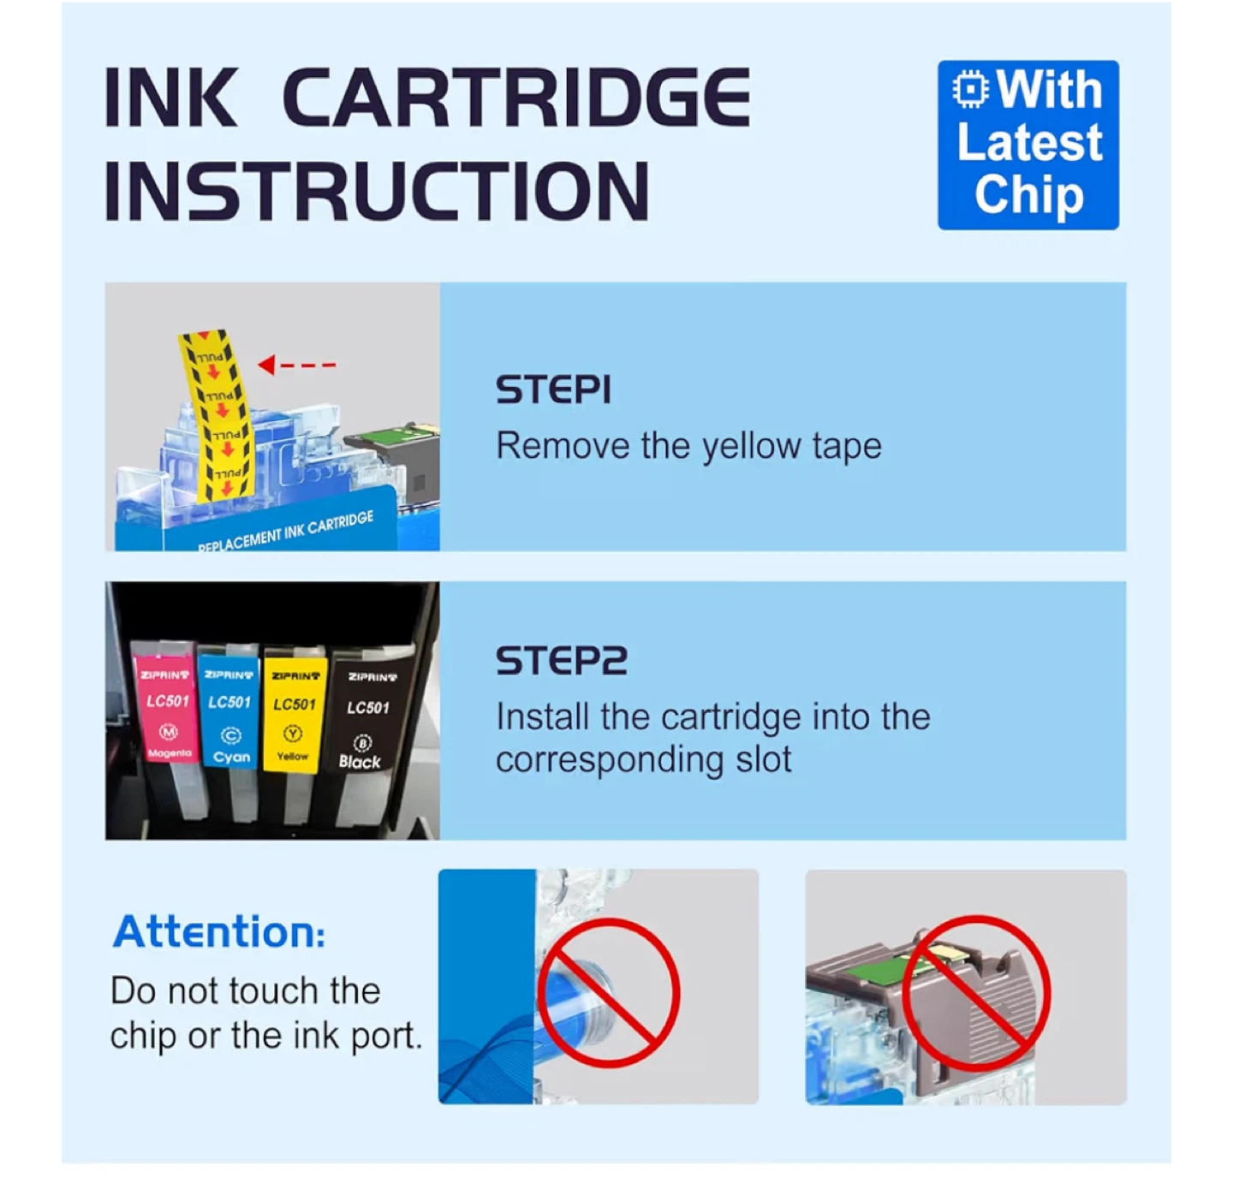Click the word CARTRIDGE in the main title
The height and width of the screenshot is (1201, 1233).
click(x=517, y=98)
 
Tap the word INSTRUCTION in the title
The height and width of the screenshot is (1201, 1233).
click(x=377, y=191)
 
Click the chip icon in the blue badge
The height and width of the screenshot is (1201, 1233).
click(x=970, y=89)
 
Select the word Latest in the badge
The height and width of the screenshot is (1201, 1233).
click(x=1029, y=142)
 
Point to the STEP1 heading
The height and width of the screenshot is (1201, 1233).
click(x=553, y=389)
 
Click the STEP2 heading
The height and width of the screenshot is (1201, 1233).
click(x=562, y=661)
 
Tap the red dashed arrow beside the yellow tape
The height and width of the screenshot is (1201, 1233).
click(x=296, y=364)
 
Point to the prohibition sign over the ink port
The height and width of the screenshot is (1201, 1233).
click(x=608, y=993)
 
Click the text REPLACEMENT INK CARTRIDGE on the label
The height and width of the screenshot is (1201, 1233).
click(x=286, y=532)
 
